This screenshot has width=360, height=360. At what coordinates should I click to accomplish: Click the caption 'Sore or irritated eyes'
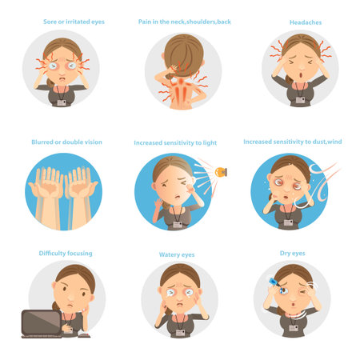(74, 22)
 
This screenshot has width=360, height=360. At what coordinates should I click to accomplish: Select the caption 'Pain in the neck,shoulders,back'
(185, 22)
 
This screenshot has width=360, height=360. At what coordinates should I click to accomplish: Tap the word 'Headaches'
(301, 22)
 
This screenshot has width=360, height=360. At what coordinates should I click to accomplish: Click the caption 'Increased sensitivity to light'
(174, 143)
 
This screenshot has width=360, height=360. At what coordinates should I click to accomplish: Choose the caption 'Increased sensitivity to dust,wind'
(292, 142)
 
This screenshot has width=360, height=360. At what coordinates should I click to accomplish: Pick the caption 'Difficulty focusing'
(66, 254)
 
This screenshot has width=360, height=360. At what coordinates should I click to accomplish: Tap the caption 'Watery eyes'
(177, 255)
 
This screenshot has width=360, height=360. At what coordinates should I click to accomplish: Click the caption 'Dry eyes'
(292, 254)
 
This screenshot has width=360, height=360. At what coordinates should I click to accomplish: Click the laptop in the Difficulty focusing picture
(41, 322)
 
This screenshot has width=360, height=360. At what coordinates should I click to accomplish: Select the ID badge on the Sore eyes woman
(62, 101)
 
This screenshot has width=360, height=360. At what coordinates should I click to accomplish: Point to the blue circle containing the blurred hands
(64, 192)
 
